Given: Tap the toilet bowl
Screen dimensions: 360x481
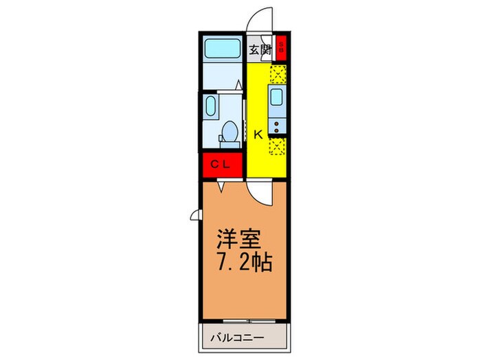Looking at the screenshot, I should pyautogui.click(x=230, y=130).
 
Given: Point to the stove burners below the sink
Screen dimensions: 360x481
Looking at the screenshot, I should pyautogui.click(x=278, y=126).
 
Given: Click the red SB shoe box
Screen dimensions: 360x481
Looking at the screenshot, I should pyautogui.click(x=282, y=49).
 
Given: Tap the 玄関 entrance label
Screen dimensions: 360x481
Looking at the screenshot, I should pyautogui.click(x=260, y=49).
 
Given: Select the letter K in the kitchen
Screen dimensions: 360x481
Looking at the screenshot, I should pyautogui.click(x=258, y=134).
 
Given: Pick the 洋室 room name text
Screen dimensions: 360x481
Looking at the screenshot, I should pyautogui.click(x=238, y=239).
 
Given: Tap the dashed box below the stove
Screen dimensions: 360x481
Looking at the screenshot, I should pyautogui.click(x=278, y=146).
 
